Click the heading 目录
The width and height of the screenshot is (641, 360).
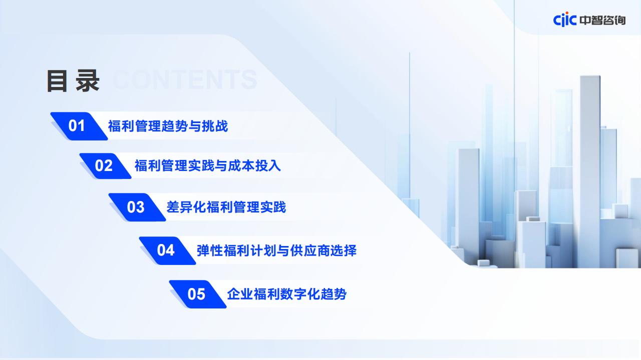(x=73, y=81)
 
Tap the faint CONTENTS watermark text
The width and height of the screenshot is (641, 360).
(x=185, y=79)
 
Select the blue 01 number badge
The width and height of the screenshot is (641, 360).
(x=79, y=126)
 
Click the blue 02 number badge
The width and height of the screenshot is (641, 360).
(x=105, y=166)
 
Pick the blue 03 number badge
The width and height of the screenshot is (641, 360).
(x=137, y=207)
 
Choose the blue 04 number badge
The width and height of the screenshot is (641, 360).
(x=167, y=250)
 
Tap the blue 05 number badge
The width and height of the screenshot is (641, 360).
(x=198, y=294)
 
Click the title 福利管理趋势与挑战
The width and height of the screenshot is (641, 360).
(x=168, y=126)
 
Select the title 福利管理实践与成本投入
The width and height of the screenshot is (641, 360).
(x=208, y=165)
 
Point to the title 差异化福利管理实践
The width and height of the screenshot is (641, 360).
(x=226, y=207)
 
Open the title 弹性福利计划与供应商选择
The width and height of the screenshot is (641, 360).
(x=277, y=250)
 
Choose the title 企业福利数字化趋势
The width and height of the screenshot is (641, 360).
(x=287, y=294)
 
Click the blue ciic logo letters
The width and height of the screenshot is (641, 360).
(x=564, y=19)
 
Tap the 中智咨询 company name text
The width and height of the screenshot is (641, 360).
(x=602, y=20)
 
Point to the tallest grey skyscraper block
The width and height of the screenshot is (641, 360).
(x=590, y=171)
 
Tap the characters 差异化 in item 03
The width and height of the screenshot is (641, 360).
(x=186, y=207)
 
